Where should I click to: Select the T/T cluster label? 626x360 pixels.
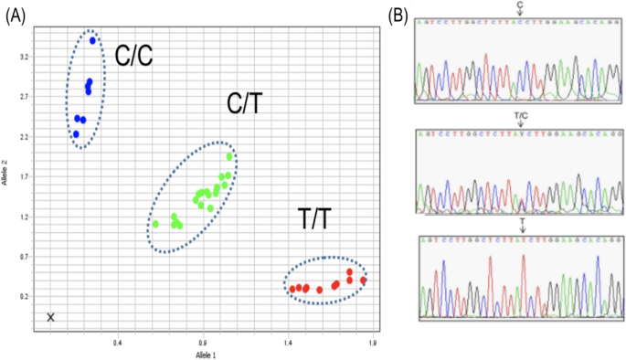(x=318, y=219)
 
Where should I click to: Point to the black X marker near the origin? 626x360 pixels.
(x=51, y=317)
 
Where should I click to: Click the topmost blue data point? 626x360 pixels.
(x=92, y=41)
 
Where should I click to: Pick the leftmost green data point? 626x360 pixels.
(x=156, y=224)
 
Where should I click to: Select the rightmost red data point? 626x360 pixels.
(x=363, y=280)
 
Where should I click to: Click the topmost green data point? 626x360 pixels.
(x=229, y=157)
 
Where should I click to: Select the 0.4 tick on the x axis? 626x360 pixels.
(x=117, y=343)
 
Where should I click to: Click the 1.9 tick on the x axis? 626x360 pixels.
(x=373, y=343)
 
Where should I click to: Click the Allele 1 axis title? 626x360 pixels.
(x=206, y=353)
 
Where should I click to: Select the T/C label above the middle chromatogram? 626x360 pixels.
(x=520, y=120)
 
